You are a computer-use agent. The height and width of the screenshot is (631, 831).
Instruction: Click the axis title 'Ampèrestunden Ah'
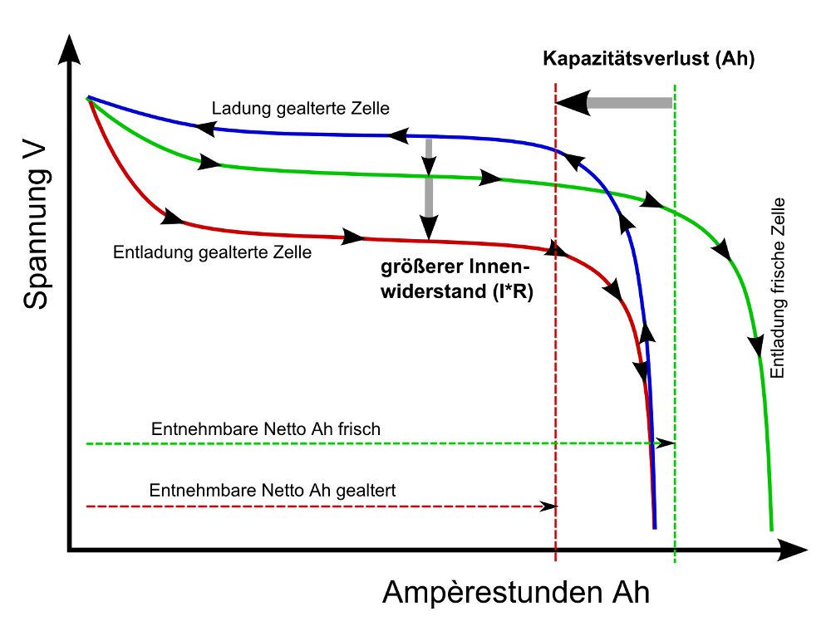(x=516, y=593)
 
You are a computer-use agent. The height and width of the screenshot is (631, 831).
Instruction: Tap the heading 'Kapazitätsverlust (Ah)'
(x=648, y=60)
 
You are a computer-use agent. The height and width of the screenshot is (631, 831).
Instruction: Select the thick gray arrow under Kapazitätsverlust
(x=615, y=103)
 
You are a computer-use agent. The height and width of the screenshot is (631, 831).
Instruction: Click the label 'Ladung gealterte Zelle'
(x=301, y=109)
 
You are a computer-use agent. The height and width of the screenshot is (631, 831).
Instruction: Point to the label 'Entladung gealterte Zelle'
(x=212, y=252)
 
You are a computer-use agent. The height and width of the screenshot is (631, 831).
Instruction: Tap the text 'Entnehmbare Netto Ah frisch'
(x=266, y=429)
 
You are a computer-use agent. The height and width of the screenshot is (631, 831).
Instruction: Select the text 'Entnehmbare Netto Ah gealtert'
(x=273, y=491)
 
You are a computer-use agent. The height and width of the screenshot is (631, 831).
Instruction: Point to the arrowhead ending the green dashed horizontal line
(x=666, y=444)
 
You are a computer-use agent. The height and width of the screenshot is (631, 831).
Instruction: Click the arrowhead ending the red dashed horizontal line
(x=549, y=506)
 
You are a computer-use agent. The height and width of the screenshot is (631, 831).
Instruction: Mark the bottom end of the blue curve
(x=655, y=526)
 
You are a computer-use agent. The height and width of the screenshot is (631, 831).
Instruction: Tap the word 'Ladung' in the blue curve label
(x=236, y=109)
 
